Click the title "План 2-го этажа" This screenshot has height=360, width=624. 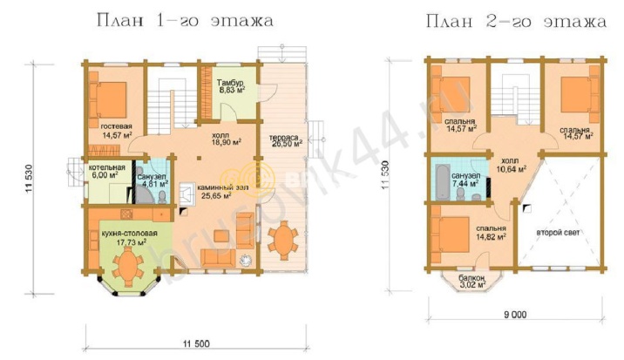click(516, 19)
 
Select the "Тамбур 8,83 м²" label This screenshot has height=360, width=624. click(231, 85)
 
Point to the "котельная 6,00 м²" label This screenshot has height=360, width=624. click(105, 171)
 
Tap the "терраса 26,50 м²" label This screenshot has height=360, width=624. click(285, 141)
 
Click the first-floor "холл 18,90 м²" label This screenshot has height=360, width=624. click(227, 139)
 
